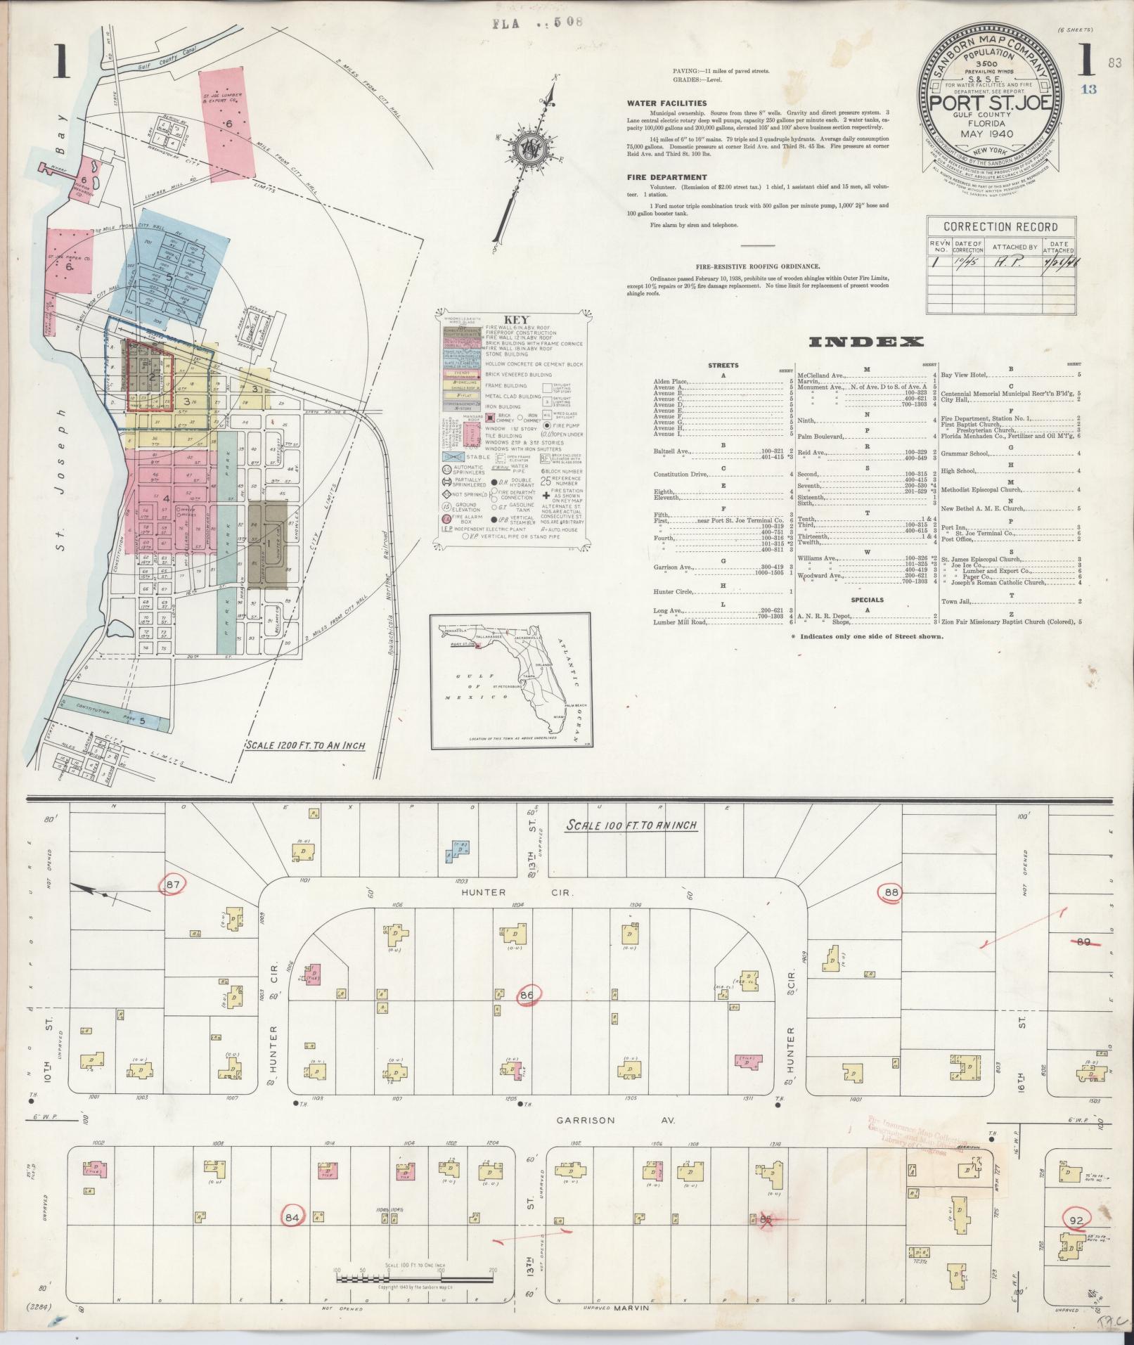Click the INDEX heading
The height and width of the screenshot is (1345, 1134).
coord(866,342)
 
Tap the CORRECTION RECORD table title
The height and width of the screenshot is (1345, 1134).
coord(1000,226)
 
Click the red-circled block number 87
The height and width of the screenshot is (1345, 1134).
coord(174,884)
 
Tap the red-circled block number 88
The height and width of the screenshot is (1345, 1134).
coord(891,893)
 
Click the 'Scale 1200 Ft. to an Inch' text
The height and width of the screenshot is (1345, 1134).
coord(305,745)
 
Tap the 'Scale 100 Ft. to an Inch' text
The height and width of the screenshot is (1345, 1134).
coord(631,825)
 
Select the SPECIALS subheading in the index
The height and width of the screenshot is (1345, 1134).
coord(867,600)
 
